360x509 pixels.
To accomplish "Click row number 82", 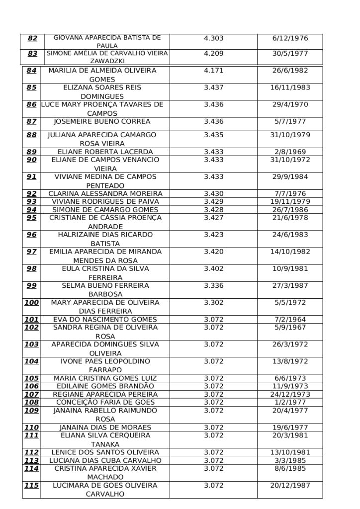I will click(x=33, y=38).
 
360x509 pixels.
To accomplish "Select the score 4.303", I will click(x=214, y=38).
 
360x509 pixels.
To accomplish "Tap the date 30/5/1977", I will click(x=290, y=53).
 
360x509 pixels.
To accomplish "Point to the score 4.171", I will click(x=214, y=71).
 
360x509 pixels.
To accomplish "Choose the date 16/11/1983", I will click(x=290, y=87).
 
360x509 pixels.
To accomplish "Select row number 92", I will click(x=32, y=193).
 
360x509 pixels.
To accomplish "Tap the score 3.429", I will click(x=214, y=201).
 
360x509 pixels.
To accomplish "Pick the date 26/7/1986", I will click(x=290, y=209).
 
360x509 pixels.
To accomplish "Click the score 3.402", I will click(x=214, y=268).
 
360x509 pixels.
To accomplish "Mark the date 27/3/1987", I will click(x=290, y=285).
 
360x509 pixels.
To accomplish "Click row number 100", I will click(x=31, y=302).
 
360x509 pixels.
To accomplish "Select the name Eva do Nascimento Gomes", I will click(x=105, y=320).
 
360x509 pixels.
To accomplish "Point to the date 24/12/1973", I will click(x=290, y=394).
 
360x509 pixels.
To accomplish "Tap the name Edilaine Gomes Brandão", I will click(x=105, y=386).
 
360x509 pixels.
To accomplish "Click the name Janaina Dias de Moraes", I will click(x=105, y=427).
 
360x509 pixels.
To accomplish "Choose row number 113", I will click(x=31, y=460).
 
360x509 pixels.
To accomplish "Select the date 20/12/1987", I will click(x=290, y=485).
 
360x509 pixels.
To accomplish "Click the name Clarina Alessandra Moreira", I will click(x=105, y=193).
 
